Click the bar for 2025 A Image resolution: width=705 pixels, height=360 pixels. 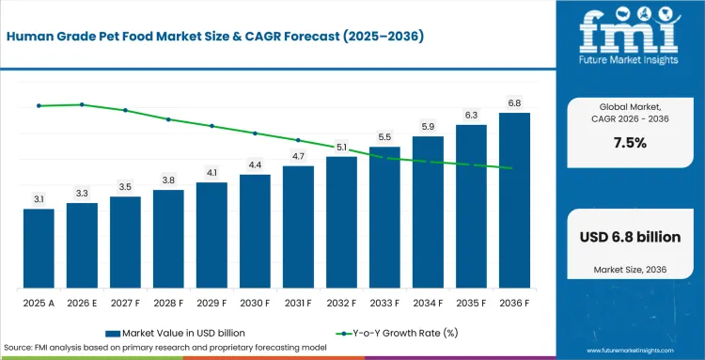tap(39, 248)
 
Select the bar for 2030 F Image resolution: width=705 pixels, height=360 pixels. tap(255, 231)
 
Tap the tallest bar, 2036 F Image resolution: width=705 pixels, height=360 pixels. tap(514, 200)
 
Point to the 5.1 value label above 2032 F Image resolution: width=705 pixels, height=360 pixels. tap(342, 147)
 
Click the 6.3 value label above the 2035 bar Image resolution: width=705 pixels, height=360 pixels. tap(471, 116)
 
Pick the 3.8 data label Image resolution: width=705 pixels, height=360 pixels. tap(168, 180)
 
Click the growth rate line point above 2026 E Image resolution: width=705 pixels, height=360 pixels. tap(82, 104)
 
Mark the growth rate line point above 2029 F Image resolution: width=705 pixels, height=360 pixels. tap(211, 126)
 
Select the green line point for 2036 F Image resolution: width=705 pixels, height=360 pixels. tap(510, 168)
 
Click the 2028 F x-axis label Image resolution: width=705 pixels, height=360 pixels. tap(168, 304)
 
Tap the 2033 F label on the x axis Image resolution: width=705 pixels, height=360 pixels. tap(384, 304)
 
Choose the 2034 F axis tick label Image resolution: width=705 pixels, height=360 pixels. tap(428, 304)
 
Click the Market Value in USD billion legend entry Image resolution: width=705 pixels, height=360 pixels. tap(176, 333)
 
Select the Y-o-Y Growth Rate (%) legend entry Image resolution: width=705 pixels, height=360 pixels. tap(398, 333)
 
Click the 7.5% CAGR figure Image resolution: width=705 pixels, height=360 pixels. tap(631, 144)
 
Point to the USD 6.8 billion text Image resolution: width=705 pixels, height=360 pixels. tap(631, 237)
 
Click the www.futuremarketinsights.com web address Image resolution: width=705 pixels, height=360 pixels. tap(631, 351)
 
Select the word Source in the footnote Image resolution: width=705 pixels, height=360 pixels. tap(16, 348)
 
